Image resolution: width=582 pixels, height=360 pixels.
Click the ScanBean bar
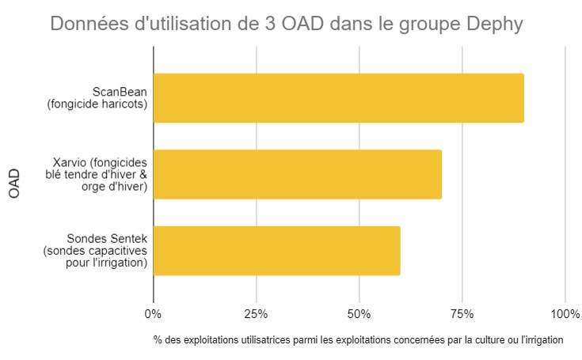[x=338, y=98]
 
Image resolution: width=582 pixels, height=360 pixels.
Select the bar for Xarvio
[x=297, y=174]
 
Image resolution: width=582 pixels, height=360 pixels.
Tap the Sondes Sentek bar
[x=276, y=251]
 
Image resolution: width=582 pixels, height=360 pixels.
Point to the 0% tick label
[x=153, y=314]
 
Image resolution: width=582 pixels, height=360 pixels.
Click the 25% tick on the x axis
[x=256, y=314]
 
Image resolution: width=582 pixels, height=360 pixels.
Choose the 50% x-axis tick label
[x=359, y=314]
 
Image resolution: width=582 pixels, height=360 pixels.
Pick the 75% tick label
[x=462, y=314]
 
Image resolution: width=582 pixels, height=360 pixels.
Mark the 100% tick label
[x=565, y=314]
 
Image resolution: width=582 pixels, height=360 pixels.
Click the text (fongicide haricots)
[x=98, y=104]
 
